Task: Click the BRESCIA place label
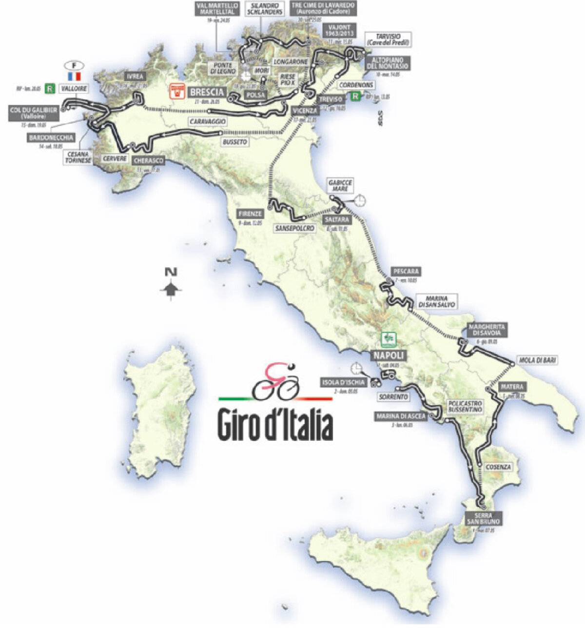(x=207, y=92)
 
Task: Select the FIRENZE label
(x=251, y=214)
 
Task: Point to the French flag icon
(x=74, y=76)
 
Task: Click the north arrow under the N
(x=171, y=290)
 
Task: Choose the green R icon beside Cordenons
(x=356, y=97)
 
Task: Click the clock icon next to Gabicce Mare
(x=361, y=200)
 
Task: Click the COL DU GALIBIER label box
(x=33, y=113)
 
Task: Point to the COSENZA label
(x=498, y=467)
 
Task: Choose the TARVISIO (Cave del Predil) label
(x=388, y=39)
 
